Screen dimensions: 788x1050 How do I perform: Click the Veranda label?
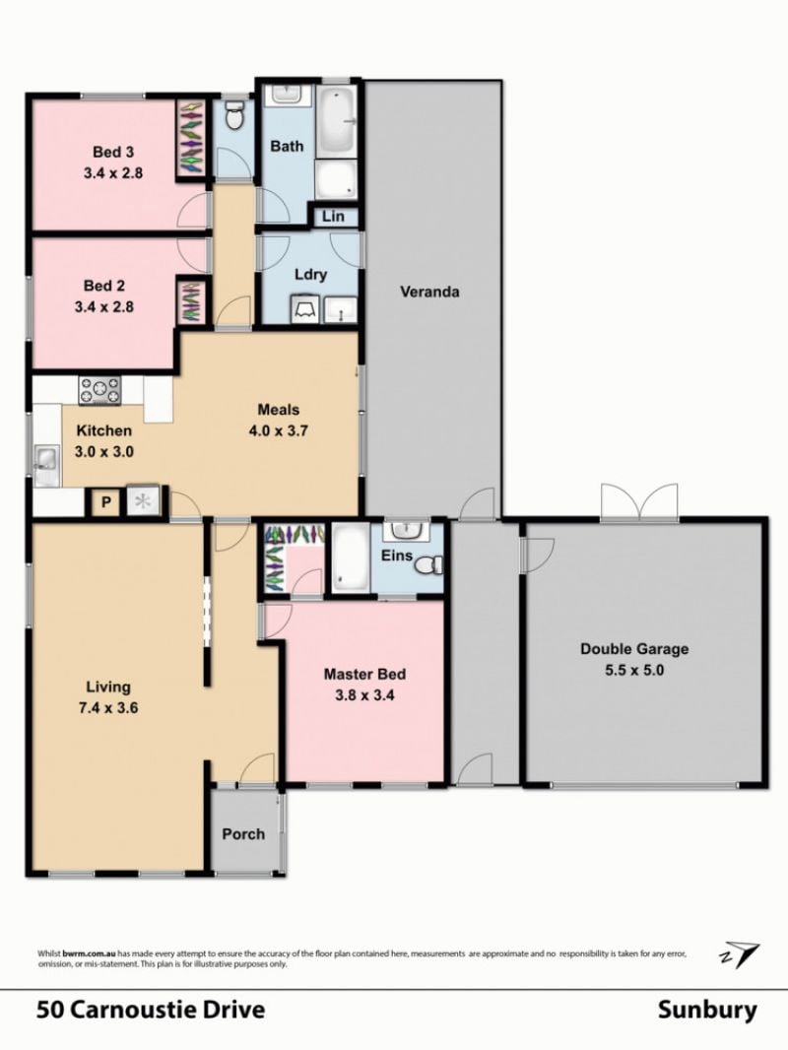click(429, 292)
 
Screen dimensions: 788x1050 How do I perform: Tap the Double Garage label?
click(634, 648)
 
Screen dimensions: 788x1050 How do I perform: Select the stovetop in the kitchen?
click(99, 390)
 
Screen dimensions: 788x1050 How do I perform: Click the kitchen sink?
click(45, 459)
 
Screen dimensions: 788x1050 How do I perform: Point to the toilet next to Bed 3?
click(234, 117)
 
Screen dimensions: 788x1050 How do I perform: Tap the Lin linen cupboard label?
click(333, 217)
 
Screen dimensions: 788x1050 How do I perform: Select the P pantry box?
click(105, 501)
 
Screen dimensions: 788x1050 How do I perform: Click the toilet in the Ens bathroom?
click(429, 565)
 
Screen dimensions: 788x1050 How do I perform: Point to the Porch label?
click(243, 833)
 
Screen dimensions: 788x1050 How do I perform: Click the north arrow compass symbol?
click(740, 953)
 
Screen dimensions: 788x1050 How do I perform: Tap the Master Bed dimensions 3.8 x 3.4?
click(364, 695)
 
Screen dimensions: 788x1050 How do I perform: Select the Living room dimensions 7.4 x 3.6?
click(107, 707)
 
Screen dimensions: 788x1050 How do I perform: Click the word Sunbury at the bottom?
click(707, 1010)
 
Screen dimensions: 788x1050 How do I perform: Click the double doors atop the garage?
click(639, 501)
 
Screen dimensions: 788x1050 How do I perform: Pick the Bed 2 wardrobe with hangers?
click(190, 300)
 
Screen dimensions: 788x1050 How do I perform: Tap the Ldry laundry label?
click(310, 274)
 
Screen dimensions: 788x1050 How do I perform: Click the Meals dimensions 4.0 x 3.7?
click(279, 429)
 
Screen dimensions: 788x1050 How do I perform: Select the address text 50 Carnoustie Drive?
click(151, 1010)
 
